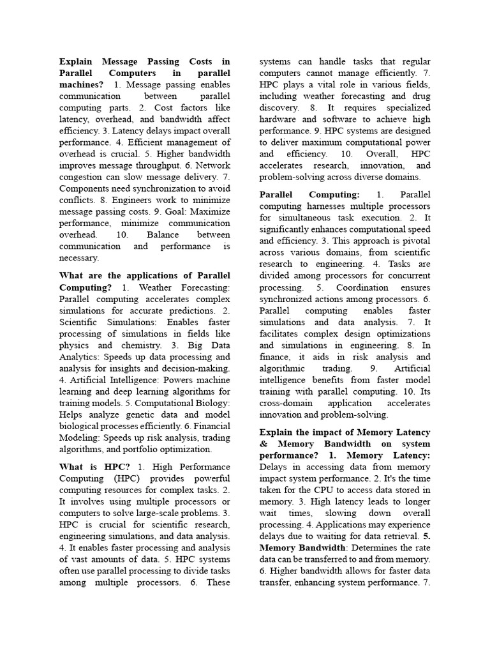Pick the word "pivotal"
(415, 241)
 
